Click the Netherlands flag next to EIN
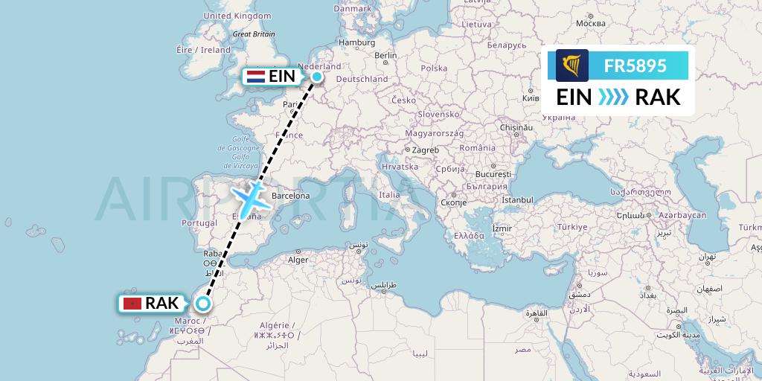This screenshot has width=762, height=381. click(255, 76)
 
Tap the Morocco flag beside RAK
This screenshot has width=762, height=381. click(132, 304)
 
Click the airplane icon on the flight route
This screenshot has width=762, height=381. click(252, 196)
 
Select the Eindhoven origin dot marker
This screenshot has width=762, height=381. click(317, 76)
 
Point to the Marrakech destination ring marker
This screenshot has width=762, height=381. click(202, 303)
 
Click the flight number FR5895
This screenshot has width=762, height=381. click(635, 65)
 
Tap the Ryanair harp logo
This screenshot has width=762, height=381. click(571, 65)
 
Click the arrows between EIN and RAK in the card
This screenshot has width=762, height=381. click(613, 97)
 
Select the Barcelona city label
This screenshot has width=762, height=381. click(290, 196)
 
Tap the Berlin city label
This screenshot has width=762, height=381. click(385, 55)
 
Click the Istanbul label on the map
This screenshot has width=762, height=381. click(517, 199)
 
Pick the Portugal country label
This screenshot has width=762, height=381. click(199, 222)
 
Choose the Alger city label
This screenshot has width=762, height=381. click(298, 260)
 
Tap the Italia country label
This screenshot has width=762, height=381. click(389, 194)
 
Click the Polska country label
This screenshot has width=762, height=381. click(434, 68)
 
